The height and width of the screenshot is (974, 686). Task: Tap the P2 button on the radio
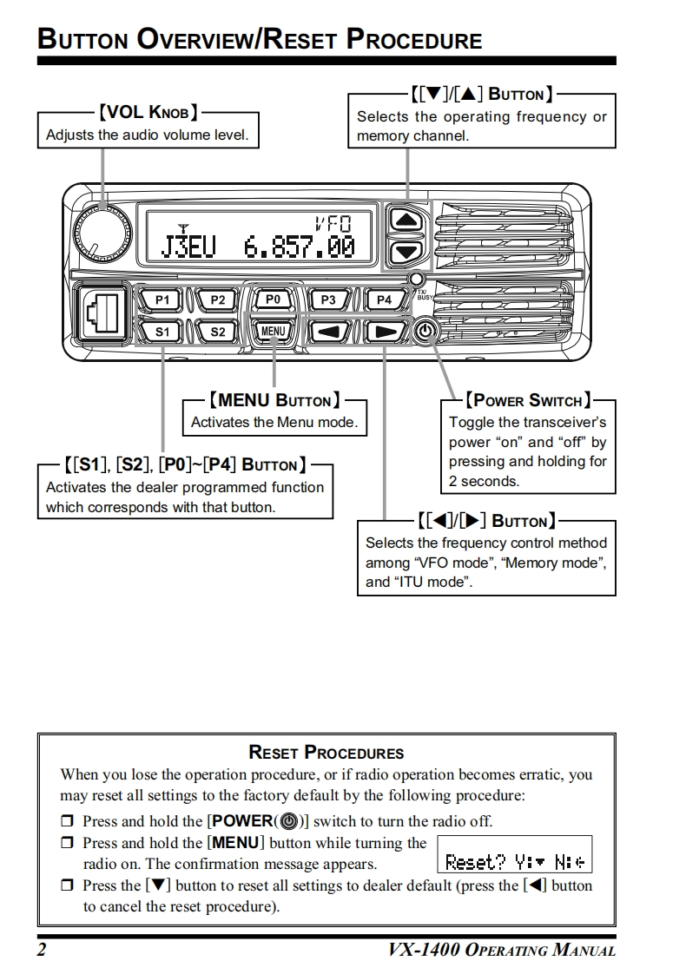point(218,300)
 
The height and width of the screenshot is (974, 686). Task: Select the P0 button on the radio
point(273,299)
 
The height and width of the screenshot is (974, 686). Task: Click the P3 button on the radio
point(328,300)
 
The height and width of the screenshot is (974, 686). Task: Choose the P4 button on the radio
point(384,300)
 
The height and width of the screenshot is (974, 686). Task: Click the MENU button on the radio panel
point(273,331)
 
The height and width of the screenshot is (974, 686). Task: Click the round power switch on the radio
point(425,332)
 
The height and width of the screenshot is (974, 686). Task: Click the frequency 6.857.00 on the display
point(300,247)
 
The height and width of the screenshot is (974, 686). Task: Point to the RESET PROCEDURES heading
point(326,753)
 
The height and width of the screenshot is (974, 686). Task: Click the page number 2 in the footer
point(41,950)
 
